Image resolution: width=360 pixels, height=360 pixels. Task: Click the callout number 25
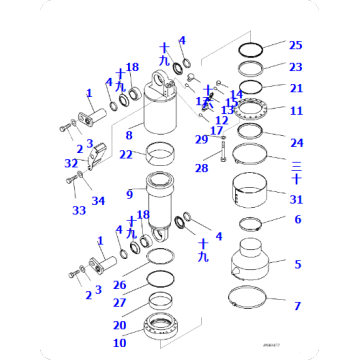tap(295, 46)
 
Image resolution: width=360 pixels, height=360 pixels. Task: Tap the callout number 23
tap(295, 67)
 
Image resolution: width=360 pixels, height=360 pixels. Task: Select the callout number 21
tap(295, 88)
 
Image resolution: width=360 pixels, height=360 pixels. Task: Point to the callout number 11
tap(295, 110)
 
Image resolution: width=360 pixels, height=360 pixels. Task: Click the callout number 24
tap(295, 142)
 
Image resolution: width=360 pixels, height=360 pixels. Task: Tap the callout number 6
tap(296, 219)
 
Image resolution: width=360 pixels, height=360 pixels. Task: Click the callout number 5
tap(296, 264)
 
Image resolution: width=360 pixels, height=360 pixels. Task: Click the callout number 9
tap(129, 192)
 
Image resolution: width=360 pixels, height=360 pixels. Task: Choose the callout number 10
tap(119, 343)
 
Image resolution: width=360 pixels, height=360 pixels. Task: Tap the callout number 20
tap(119, 324)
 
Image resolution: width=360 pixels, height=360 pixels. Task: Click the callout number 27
tap(119, 302)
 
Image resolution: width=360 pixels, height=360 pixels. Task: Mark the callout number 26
tap(119, 285)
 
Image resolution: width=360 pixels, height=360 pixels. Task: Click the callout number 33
tap(78, 210)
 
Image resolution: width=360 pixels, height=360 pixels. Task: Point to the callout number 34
tap(98, 201)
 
